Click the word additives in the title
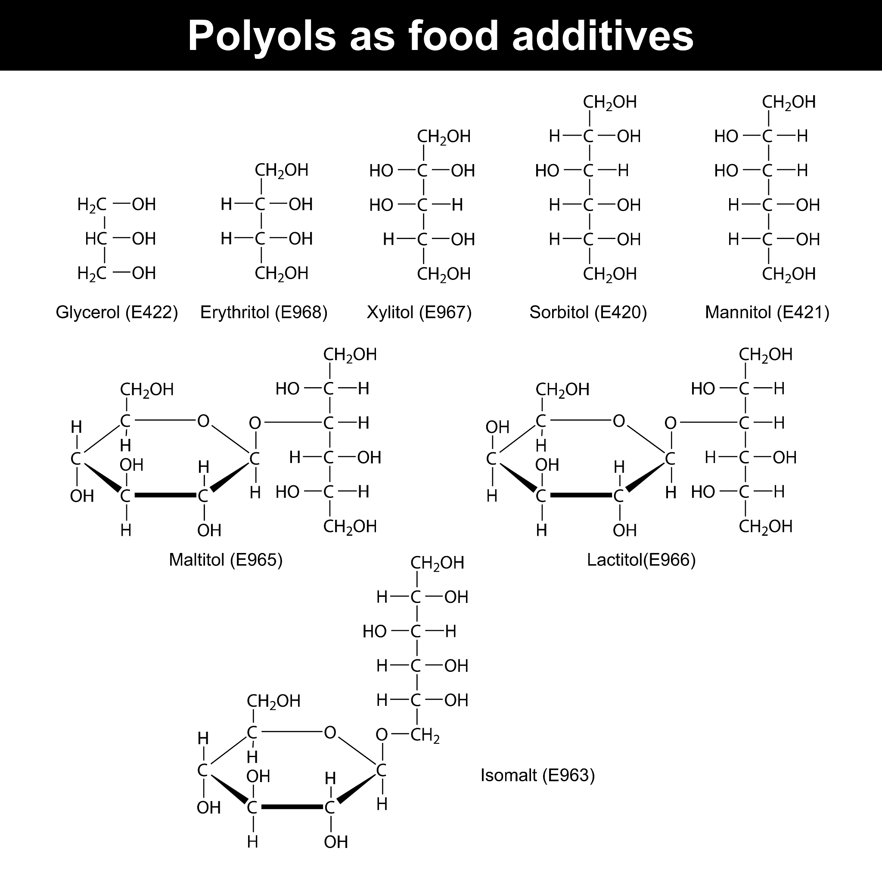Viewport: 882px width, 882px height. (x=602, y=35)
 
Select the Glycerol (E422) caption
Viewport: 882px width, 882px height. (x=117, y=313)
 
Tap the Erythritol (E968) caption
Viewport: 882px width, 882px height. (x=264, y=313)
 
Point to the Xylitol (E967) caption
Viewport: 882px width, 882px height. (x=419, y=313)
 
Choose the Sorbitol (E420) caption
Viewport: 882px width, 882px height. (x=588, y=313)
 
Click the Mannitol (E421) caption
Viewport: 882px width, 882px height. (x=767, y=313)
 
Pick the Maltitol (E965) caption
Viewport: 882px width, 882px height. (x=226, y=560)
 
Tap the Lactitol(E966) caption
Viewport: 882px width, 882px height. (x=641, y=560)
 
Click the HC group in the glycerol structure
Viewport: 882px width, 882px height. (x=96, y=239)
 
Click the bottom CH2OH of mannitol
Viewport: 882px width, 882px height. (x=789, y=274)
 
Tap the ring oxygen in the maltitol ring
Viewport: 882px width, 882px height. (x=203, y=421)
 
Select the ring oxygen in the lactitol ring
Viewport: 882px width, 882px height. (x=618, y=421)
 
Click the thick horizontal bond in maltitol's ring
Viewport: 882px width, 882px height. (x=165, y=495)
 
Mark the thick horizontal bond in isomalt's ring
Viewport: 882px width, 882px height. (x=292, y=807)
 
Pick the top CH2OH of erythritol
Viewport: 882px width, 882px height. (x=282, y=171)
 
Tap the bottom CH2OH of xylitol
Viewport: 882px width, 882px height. (x=444, y=274)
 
